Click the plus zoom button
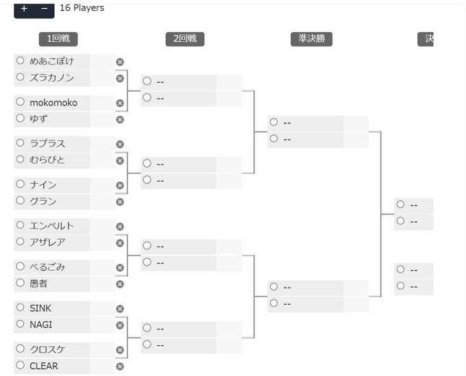[24, 8]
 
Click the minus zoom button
[44, 8]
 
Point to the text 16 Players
[82, 8]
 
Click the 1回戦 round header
[58, 39]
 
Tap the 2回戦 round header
[184, 39]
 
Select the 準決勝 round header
[310, 39]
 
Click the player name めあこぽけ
[51, 61]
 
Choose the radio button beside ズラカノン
[21, 77]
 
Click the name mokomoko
[53, 103]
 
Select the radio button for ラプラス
[21, 143]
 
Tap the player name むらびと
[47, 160]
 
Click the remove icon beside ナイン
[120, 186]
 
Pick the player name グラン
[43, 201]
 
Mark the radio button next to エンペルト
[21, 225]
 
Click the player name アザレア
[47, 242]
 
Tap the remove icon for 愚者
[120, 284]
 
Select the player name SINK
[40, 308]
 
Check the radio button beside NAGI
[21, 325]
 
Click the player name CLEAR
[44, 366]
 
